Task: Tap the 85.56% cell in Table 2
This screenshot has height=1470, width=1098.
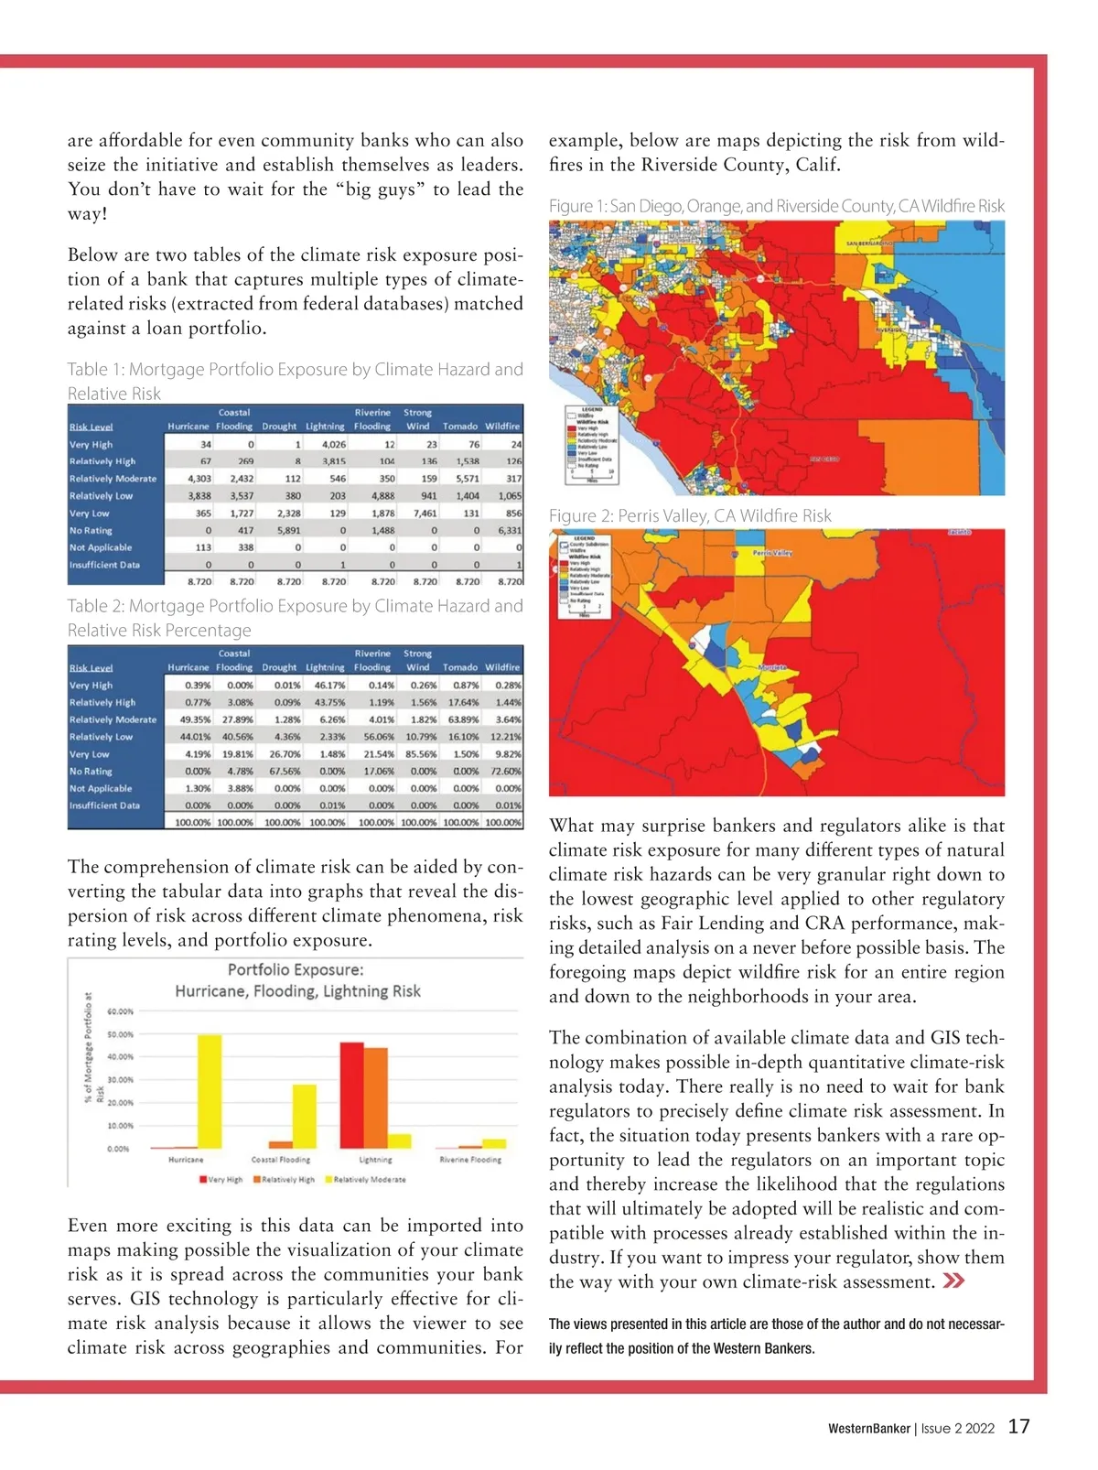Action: [421, 754]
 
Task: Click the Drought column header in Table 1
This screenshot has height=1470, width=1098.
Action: [279, 427]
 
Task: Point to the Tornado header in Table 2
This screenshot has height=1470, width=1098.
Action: [460, 667]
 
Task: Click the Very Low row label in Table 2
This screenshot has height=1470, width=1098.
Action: [90, 754]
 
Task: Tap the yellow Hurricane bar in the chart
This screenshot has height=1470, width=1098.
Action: [210, 1091]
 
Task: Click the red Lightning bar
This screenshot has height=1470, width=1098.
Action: [351, 1095]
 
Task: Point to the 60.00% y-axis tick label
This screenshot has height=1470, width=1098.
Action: [120, 1011]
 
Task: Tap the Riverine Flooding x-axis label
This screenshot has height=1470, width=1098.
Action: [470, 1160]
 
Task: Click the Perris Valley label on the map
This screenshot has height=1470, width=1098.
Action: [772, 554]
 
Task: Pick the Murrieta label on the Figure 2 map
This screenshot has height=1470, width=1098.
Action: [773, 667]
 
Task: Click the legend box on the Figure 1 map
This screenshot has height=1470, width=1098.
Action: [591, 443]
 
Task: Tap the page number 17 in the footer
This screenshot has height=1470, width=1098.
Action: [1018, 1427]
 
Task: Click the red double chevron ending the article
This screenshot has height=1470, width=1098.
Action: [953, 1281]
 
